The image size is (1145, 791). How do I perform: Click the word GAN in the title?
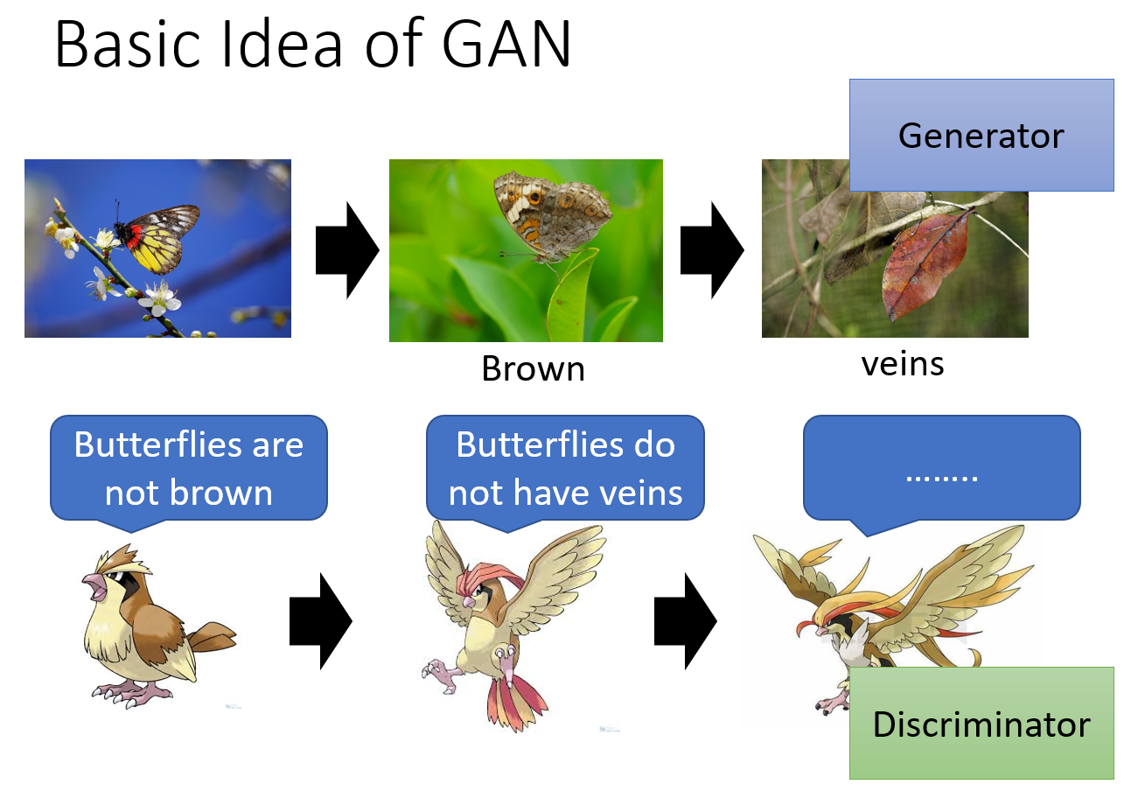tap(506, 44)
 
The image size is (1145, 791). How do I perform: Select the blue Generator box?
tap(981, 136)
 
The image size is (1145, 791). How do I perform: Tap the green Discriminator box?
tap(981, 723)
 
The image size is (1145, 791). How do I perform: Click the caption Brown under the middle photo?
tap(534, 368)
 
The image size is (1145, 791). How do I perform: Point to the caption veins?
tap(903, 365)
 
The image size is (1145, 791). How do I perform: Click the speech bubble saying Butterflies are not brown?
tap(189, 468)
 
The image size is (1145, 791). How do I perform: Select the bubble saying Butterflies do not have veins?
tap(565, 468)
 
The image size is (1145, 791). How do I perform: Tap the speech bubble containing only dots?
tap(941, 469)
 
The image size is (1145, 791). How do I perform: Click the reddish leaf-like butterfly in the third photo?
tap(926, 264)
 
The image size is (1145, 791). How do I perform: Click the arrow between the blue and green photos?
tap(347, 250)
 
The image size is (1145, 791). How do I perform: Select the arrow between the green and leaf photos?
tap(712, 250)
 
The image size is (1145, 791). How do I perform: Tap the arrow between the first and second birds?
tap(321, 620)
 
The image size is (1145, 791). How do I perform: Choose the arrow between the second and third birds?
tap(686, 620)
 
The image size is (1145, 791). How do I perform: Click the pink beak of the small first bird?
tap(94, 587)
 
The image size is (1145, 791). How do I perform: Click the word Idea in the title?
tap(281, 44)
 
